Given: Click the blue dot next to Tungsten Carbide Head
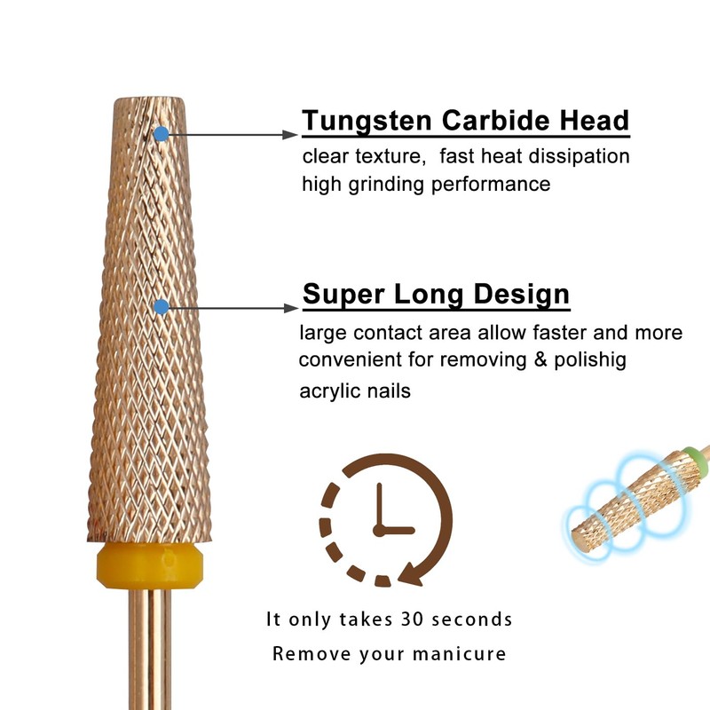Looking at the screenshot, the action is click(x=161, y=134).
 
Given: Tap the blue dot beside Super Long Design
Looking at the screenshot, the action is click(x=161, y=307).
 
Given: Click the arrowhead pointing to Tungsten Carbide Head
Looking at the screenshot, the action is click(x=289, y=134).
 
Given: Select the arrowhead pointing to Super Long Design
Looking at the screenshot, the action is click(x=289, y=307).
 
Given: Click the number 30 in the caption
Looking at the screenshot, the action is click(x=410, y=619).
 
